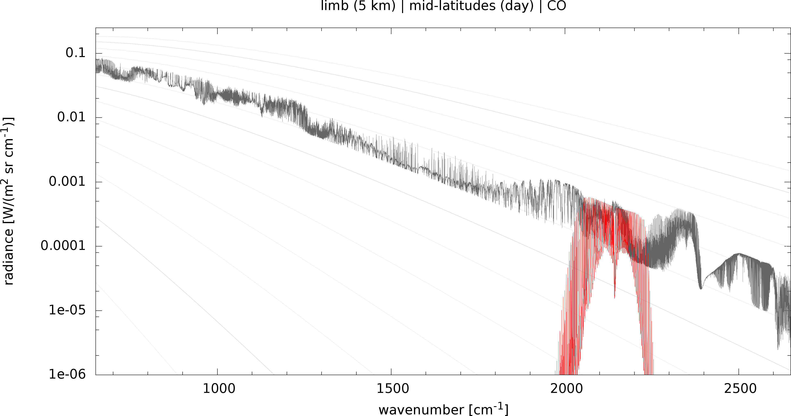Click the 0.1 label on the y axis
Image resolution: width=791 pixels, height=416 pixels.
pyautogui.click(x=75, y=53)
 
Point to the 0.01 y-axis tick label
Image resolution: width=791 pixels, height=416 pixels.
pyautogui.click(x=71, y=117)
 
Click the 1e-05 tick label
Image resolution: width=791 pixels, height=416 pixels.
pyautogui.click(x=67, y=310)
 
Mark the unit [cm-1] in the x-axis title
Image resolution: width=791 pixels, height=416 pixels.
pyautogui.click(x=489, y=410)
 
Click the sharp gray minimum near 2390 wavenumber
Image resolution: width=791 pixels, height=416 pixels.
pyautogui.click(x=701, y=288)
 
